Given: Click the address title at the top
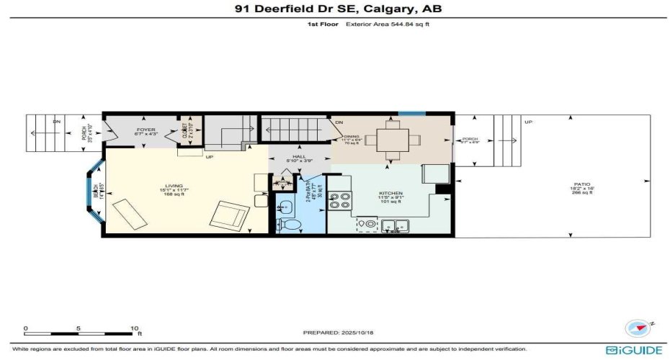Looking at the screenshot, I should [x=334, y=9].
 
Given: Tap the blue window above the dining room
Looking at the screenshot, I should [x=411, y=113].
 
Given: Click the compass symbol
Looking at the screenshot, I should [x=636, y=327].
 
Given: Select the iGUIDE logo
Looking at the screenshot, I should [x=634, y=350].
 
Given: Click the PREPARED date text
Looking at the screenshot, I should [x=335, y=333].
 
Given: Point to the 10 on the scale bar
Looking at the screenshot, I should [x=135, y=328].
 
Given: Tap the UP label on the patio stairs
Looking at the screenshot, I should [x=528, y=122].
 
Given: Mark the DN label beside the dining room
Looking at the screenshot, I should [x=339, y=122].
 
